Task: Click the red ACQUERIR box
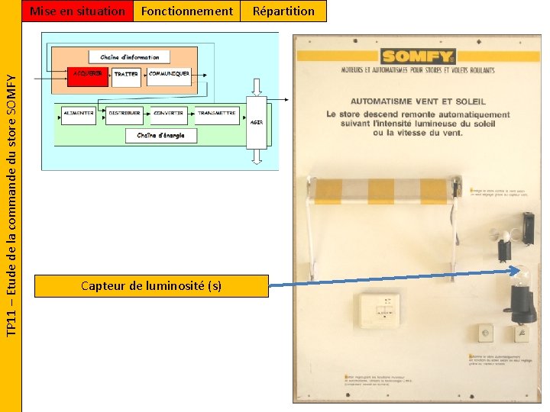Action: coord(87,74)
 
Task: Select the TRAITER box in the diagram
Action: coord(126,74)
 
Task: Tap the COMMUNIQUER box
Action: coord(169,74)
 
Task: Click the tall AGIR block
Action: coord(256,121)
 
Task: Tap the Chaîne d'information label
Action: coord(129,57)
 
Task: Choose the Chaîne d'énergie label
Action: coord(160,135)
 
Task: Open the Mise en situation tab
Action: coord(76,11)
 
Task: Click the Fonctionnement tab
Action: coord(186,11)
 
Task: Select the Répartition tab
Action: coord(283,11)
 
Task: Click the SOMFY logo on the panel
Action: coord(418,56)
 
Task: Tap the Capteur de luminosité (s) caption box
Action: coord(151,285)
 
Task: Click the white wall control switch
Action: coord(380,309)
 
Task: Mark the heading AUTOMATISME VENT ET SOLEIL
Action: coord(418,101)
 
